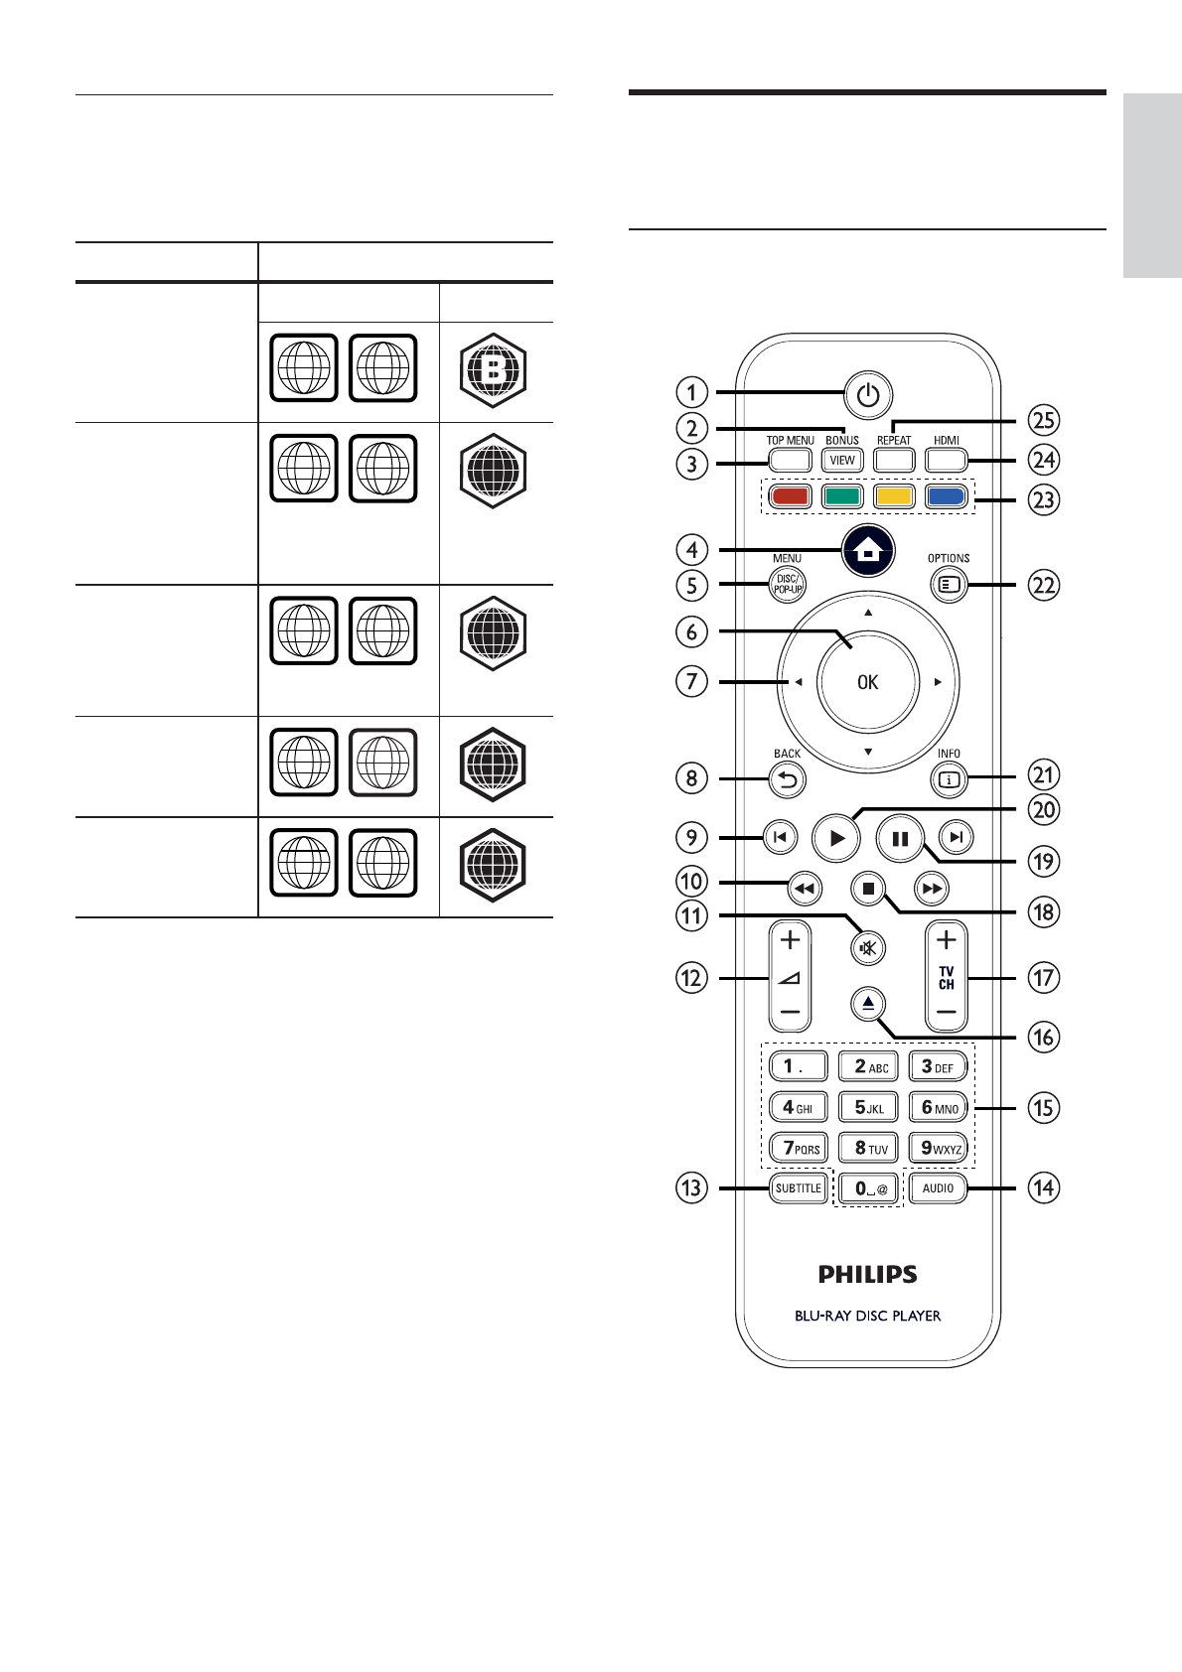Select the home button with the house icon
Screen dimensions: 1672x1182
pyautogui.click(x=867, y=551)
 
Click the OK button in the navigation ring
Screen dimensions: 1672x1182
pyautogui.click(x=867, y=682)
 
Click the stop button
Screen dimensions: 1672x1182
pyautogui.click(x=868, y=890)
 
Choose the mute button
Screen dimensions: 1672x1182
pyautogui.click(x=868, y=948)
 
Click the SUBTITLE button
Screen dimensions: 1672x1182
pyautogui.click(x=799, y=1188)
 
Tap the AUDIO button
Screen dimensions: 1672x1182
pyautogui.click(x=938, y=1188)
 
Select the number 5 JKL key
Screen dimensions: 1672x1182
pyautogui.click(x=868, y=1108)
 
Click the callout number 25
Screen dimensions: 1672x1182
pyautogui.click(x=1044, y=420)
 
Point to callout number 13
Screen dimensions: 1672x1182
pyautogui.click(x=692, y=1187)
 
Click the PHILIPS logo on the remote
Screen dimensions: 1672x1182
pyautogui.click(x=867, y=1274)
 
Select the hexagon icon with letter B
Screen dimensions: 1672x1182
pyautogui.click(x=494, y=371)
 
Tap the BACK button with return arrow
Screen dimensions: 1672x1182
pyautogui.click(x=787, y=781)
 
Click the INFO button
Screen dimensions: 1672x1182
pyautogui.click(x=950, y=780)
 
